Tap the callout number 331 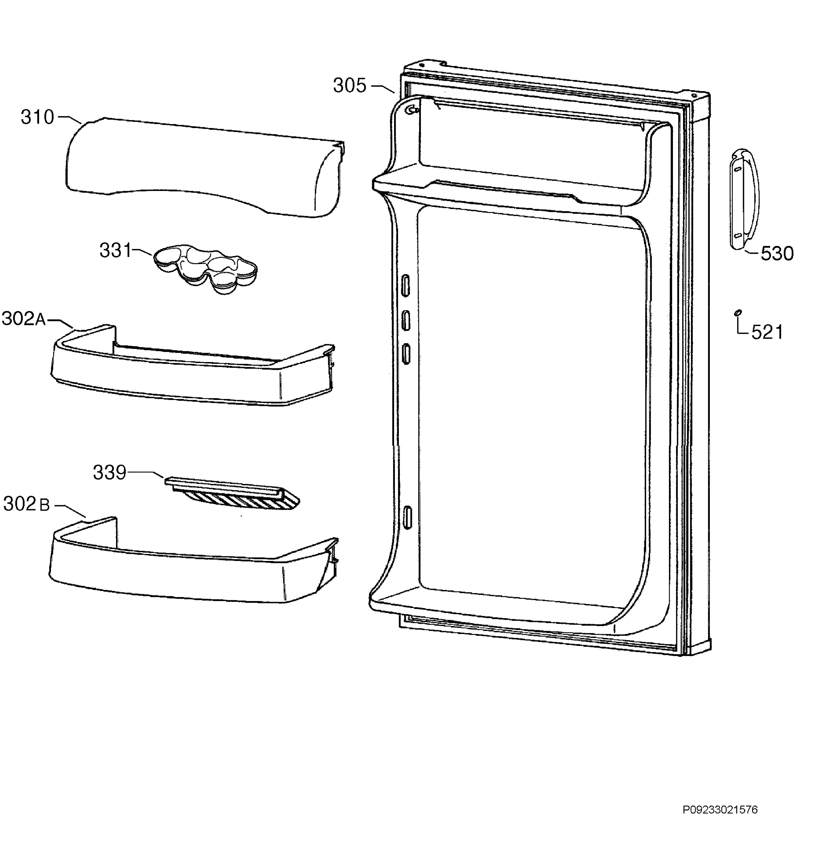tap(115, 250)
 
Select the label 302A tap(24, 319)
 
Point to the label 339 tap(110, 472)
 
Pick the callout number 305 tap(350, 86)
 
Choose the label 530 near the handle tap(777, 253)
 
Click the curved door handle tap(745, 200)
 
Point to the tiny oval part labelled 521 tap(739, 312)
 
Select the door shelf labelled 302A tap(192, 367)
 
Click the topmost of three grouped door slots tap(406, 286)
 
